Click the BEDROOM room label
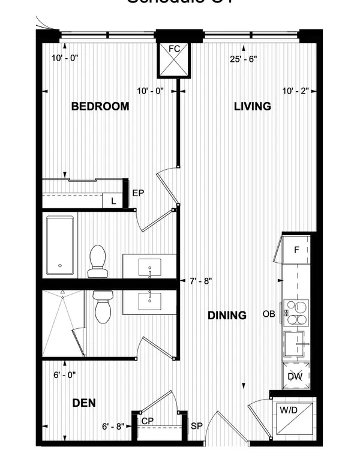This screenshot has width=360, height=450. [100, 107]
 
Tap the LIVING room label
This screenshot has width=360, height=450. [252, 107]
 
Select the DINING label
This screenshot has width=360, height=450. [227, 315]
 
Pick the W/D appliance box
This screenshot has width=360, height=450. [294, 418]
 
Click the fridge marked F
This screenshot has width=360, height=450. [296, 249]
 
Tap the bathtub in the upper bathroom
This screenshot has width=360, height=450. [61, 246]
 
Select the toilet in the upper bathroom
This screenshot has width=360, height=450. [97, 263]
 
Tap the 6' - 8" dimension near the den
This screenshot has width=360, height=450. [113, 427]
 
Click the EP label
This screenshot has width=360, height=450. [137, 194]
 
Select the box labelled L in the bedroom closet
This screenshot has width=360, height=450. [113, 202]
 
